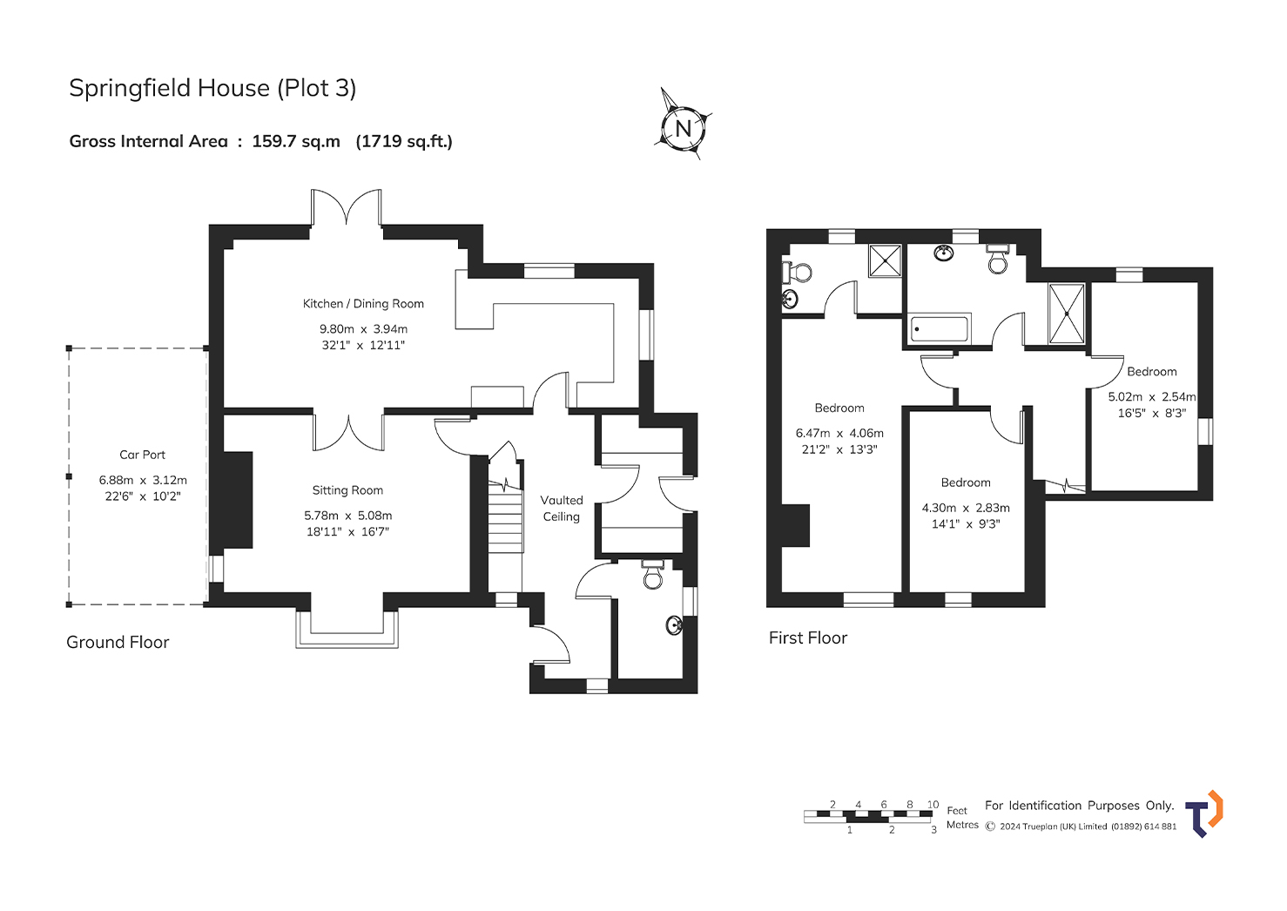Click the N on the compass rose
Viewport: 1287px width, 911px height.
[684, 128]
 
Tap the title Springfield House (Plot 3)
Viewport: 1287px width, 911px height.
[212, 88]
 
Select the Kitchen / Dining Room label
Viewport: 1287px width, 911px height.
[363, 303]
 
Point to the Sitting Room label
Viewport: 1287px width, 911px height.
[347, 490]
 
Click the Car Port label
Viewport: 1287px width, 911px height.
[143, 455]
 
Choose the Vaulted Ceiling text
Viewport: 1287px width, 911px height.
[562, 509]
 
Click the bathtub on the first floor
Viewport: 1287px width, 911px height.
[940, 329]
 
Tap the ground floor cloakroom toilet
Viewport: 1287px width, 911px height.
[653, 574]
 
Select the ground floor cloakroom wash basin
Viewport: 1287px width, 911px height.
[675, 625]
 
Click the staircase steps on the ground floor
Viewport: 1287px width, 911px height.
[506, 517]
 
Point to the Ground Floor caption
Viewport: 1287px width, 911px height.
[118, 642]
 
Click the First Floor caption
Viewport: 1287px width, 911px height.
[808, 638]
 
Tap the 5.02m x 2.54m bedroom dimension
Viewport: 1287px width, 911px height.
[1152, 396]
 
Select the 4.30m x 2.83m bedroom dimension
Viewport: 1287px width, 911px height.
[966, 508]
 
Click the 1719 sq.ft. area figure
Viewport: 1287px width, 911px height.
[405, 141]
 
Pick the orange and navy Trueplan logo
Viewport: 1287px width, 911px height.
[1203, 813]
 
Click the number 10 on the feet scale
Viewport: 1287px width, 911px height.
[933, 805]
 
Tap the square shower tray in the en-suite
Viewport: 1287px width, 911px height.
[885, 261]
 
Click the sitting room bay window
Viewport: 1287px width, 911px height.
[347, 630]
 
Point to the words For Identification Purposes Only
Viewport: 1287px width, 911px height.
[1080, 806]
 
